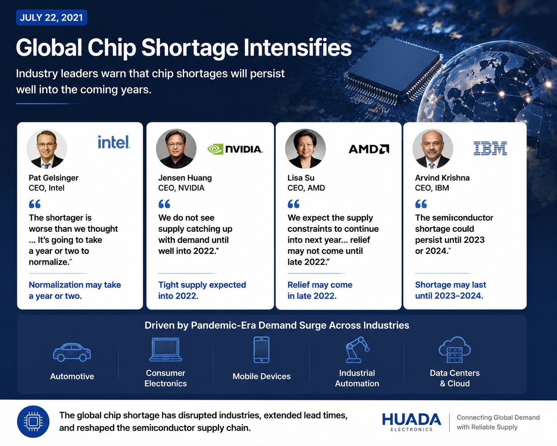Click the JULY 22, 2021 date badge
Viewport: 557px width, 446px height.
[x=52, y=17]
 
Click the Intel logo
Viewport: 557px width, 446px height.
[x=114, y=142]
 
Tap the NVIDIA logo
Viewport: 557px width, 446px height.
[x=235, y=149]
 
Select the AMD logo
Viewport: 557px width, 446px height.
[x=369, y=149]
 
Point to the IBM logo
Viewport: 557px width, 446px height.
[x=490, y=148]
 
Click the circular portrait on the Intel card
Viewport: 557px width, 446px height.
[x=47, y=149]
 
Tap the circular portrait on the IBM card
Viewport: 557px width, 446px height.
[x=433, y=149]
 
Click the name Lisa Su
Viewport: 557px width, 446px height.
[x=301, y=178]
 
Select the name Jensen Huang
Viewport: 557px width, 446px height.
[x=185, y=178]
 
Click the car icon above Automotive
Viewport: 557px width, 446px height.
[x=72, y=352]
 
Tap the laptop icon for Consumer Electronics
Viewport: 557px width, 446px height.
[x=166, y=349]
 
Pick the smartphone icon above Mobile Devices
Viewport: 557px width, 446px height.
[x=261, y=350]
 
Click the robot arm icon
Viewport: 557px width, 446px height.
[x=357, y=350]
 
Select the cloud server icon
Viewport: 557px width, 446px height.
[x=455, y=350]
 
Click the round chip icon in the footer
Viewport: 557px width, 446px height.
[x=33, y=421]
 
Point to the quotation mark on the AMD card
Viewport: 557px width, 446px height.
[x=294, y=204]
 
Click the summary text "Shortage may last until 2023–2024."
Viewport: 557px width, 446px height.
[x=451, y=290]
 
